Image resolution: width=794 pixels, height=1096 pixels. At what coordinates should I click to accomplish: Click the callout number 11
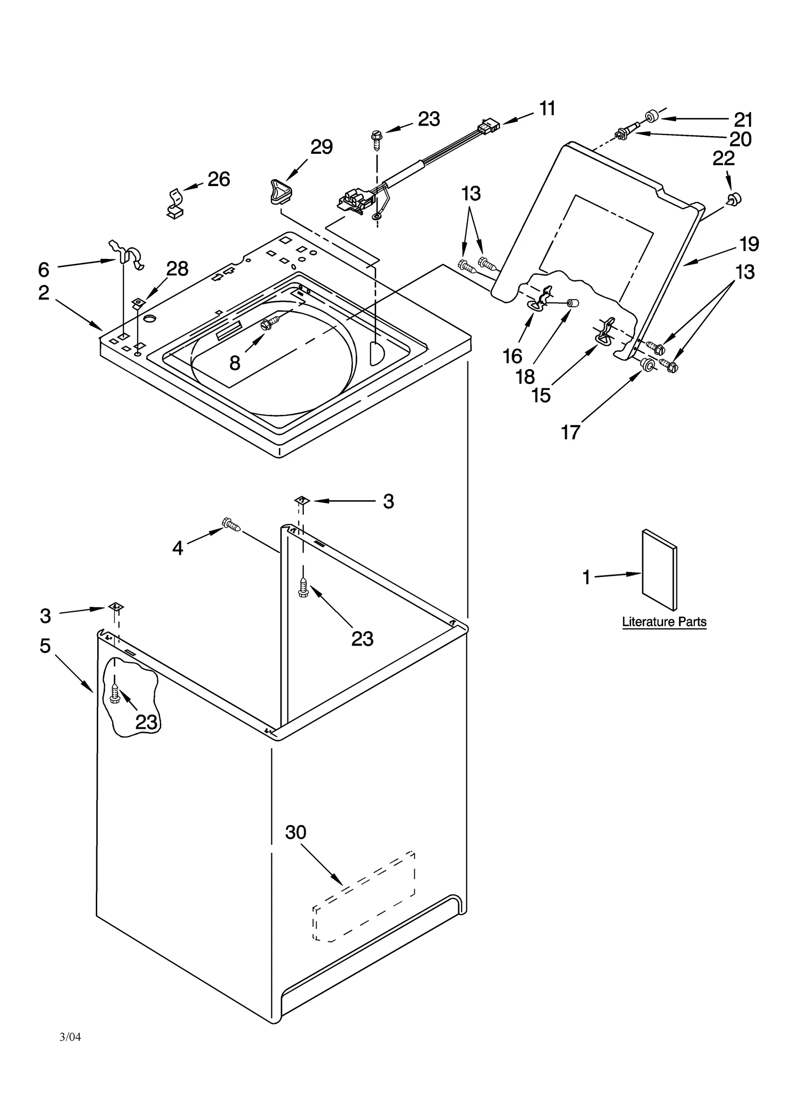[x=547, y=108]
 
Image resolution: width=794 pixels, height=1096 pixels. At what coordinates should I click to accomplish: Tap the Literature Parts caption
[x=664, y=622]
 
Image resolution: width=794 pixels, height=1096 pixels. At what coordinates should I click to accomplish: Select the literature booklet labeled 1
[x=659, y=571]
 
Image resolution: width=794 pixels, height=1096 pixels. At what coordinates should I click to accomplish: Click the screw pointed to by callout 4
[x=231, y=524]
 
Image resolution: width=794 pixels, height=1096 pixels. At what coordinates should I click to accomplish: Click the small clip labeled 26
[x=174, y=203]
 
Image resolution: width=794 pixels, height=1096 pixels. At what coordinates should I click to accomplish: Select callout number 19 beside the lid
[x=749, y=244]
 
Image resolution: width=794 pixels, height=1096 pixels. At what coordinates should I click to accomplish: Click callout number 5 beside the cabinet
[x=45, y=645]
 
